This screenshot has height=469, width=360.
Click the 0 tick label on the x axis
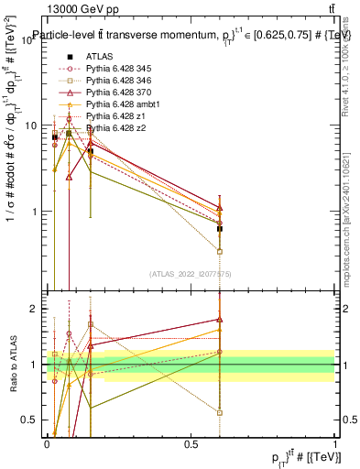point(47,443)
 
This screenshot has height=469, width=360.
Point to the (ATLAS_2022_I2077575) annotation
point(189,271)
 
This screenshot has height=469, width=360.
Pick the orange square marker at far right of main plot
point(220,251)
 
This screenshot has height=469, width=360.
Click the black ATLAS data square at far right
point(220,229)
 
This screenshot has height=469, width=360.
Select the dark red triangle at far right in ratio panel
point(220,320)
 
